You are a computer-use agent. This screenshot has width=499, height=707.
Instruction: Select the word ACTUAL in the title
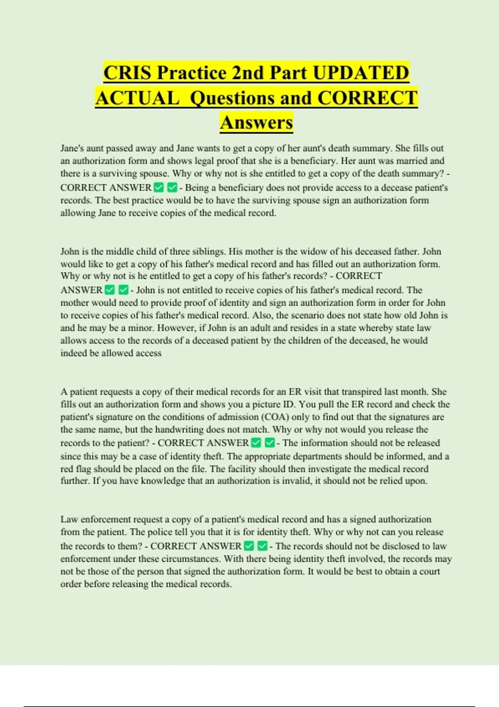tap(137, 98)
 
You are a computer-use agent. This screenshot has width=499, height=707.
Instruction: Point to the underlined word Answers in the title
tap(257, 123)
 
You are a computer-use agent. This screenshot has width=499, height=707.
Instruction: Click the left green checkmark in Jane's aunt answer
tap(158, 188)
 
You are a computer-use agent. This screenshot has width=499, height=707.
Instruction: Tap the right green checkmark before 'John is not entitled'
tap(124, 290)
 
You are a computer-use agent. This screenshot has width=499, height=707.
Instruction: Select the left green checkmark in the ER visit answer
tap(256, 443)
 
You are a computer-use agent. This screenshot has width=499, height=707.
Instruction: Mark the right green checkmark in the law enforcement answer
tap(262, 546)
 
